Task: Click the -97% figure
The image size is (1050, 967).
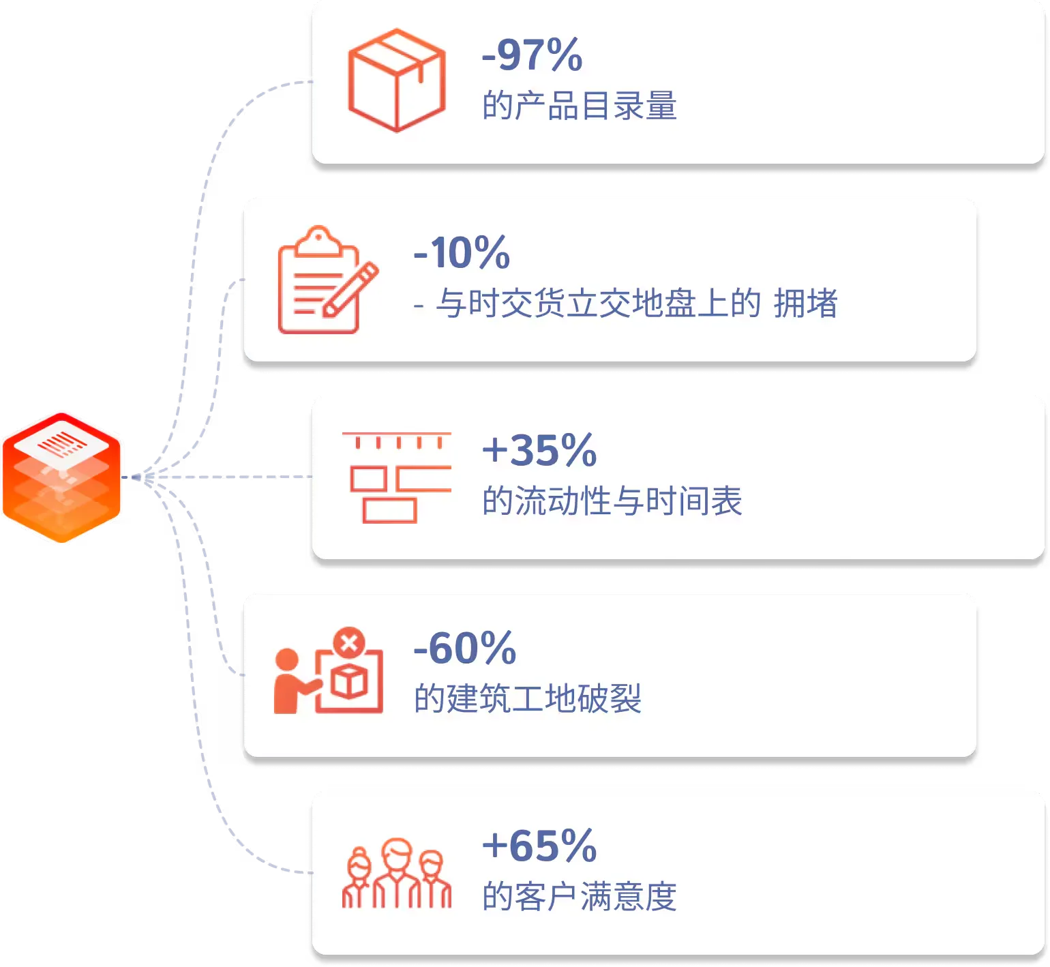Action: coord(532,55)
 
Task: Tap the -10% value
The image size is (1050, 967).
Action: coord(462,252)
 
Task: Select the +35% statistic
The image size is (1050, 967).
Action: coord(539,450)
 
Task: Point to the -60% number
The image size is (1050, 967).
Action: coord(465,648)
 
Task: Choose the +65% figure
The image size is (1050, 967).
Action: coord(539,846)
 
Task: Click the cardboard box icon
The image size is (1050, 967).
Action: coord(397,80)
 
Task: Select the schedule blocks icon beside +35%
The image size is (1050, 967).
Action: coord(397,477)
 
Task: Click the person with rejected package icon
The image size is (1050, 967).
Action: coord(328,670)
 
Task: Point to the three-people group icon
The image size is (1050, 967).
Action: coord(397,873)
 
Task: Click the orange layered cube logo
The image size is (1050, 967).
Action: coord(61,477)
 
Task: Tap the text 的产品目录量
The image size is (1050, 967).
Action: coord(580,106)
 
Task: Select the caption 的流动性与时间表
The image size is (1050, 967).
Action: coord(612,501)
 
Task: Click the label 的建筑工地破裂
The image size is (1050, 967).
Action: coord(528,699)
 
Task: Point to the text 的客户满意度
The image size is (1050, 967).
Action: coord(580,897)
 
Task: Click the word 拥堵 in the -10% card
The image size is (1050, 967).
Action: coord(806,303)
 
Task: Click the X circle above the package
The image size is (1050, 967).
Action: coord(349,643)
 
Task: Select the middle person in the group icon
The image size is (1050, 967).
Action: coord(397,873)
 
